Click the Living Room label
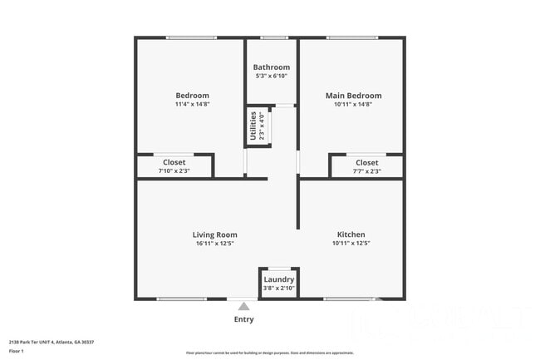(215, 234)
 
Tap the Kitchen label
(351, 234)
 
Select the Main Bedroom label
(353, 96)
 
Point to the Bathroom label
(272, 67)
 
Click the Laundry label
(279, 279)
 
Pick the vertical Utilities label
(253, 126)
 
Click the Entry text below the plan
(244, 319)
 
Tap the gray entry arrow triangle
(243, 307)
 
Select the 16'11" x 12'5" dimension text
(215, 244)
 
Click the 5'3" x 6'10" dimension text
(272, 76)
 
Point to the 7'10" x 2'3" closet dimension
(174, 171)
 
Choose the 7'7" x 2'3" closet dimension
(366, 171)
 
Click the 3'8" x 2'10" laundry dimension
(279, 288)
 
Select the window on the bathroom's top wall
(273, 37)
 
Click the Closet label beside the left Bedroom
(174, 162)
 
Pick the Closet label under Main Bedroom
(366, 162)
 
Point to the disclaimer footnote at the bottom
(270, 353)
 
